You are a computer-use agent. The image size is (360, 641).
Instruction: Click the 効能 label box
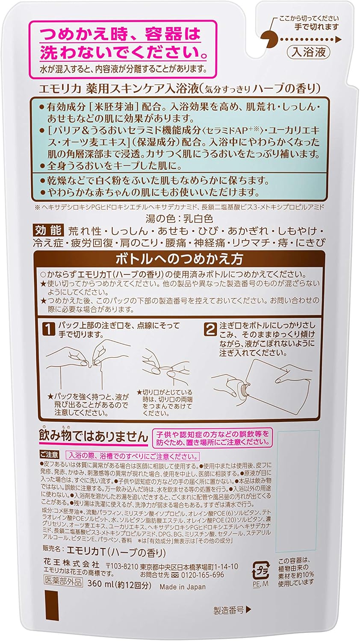click(x=47, y=231)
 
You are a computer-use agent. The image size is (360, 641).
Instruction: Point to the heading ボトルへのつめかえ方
click(x=179, y=259)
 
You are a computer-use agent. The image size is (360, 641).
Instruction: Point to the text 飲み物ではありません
click(x=93, y=436)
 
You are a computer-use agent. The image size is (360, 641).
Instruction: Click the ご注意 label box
click(x=49, y=455)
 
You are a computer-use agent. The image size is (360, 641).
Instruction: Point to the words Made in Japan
click(x=183, y=587)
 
